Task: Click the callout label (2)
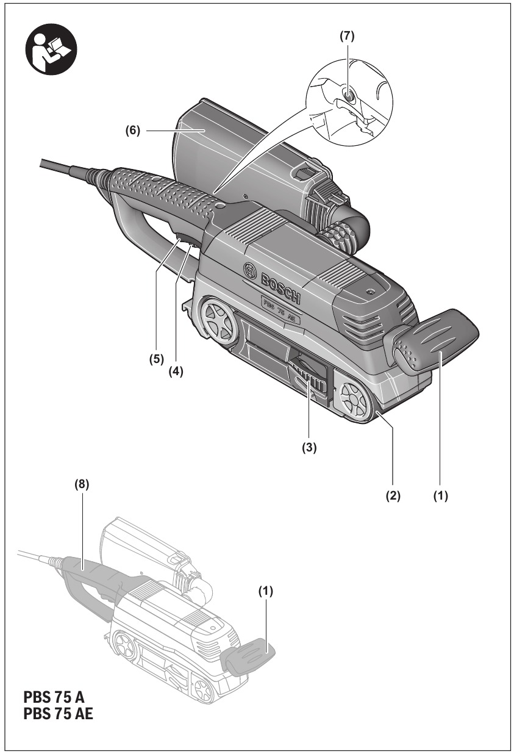coord(393,496)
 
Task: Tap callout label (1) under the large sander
coord(440,496)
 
